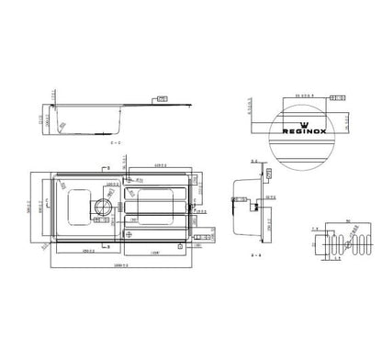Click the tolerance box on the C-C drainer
click(x=163, y=97)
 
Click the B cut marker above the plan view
click(x=105, y=169)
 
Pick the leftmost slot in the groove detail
click(x=322, y=242)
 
